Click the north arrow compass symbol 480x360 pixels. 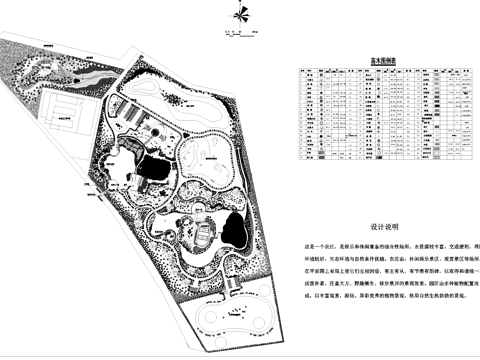coord(240,13)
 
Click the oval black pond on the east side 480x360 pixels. coord(236,229)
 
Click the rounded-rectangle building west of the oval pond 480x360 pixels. coord(203,235)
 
